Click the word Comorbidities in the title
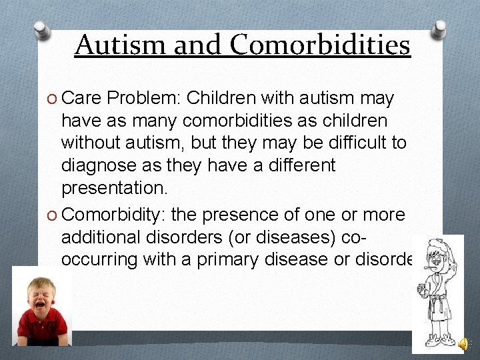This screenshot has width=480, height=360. click(321, 45)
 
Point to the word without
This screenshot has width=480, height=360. click(93, 143)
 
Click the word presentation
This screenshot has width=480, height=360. click(114, 187)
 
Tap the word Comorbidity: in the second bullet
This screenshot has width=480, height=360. click(115, 215)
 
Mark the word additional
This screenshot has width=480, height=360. click(104, 237)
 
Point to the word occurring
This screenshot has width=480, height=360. click(99, 259)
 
